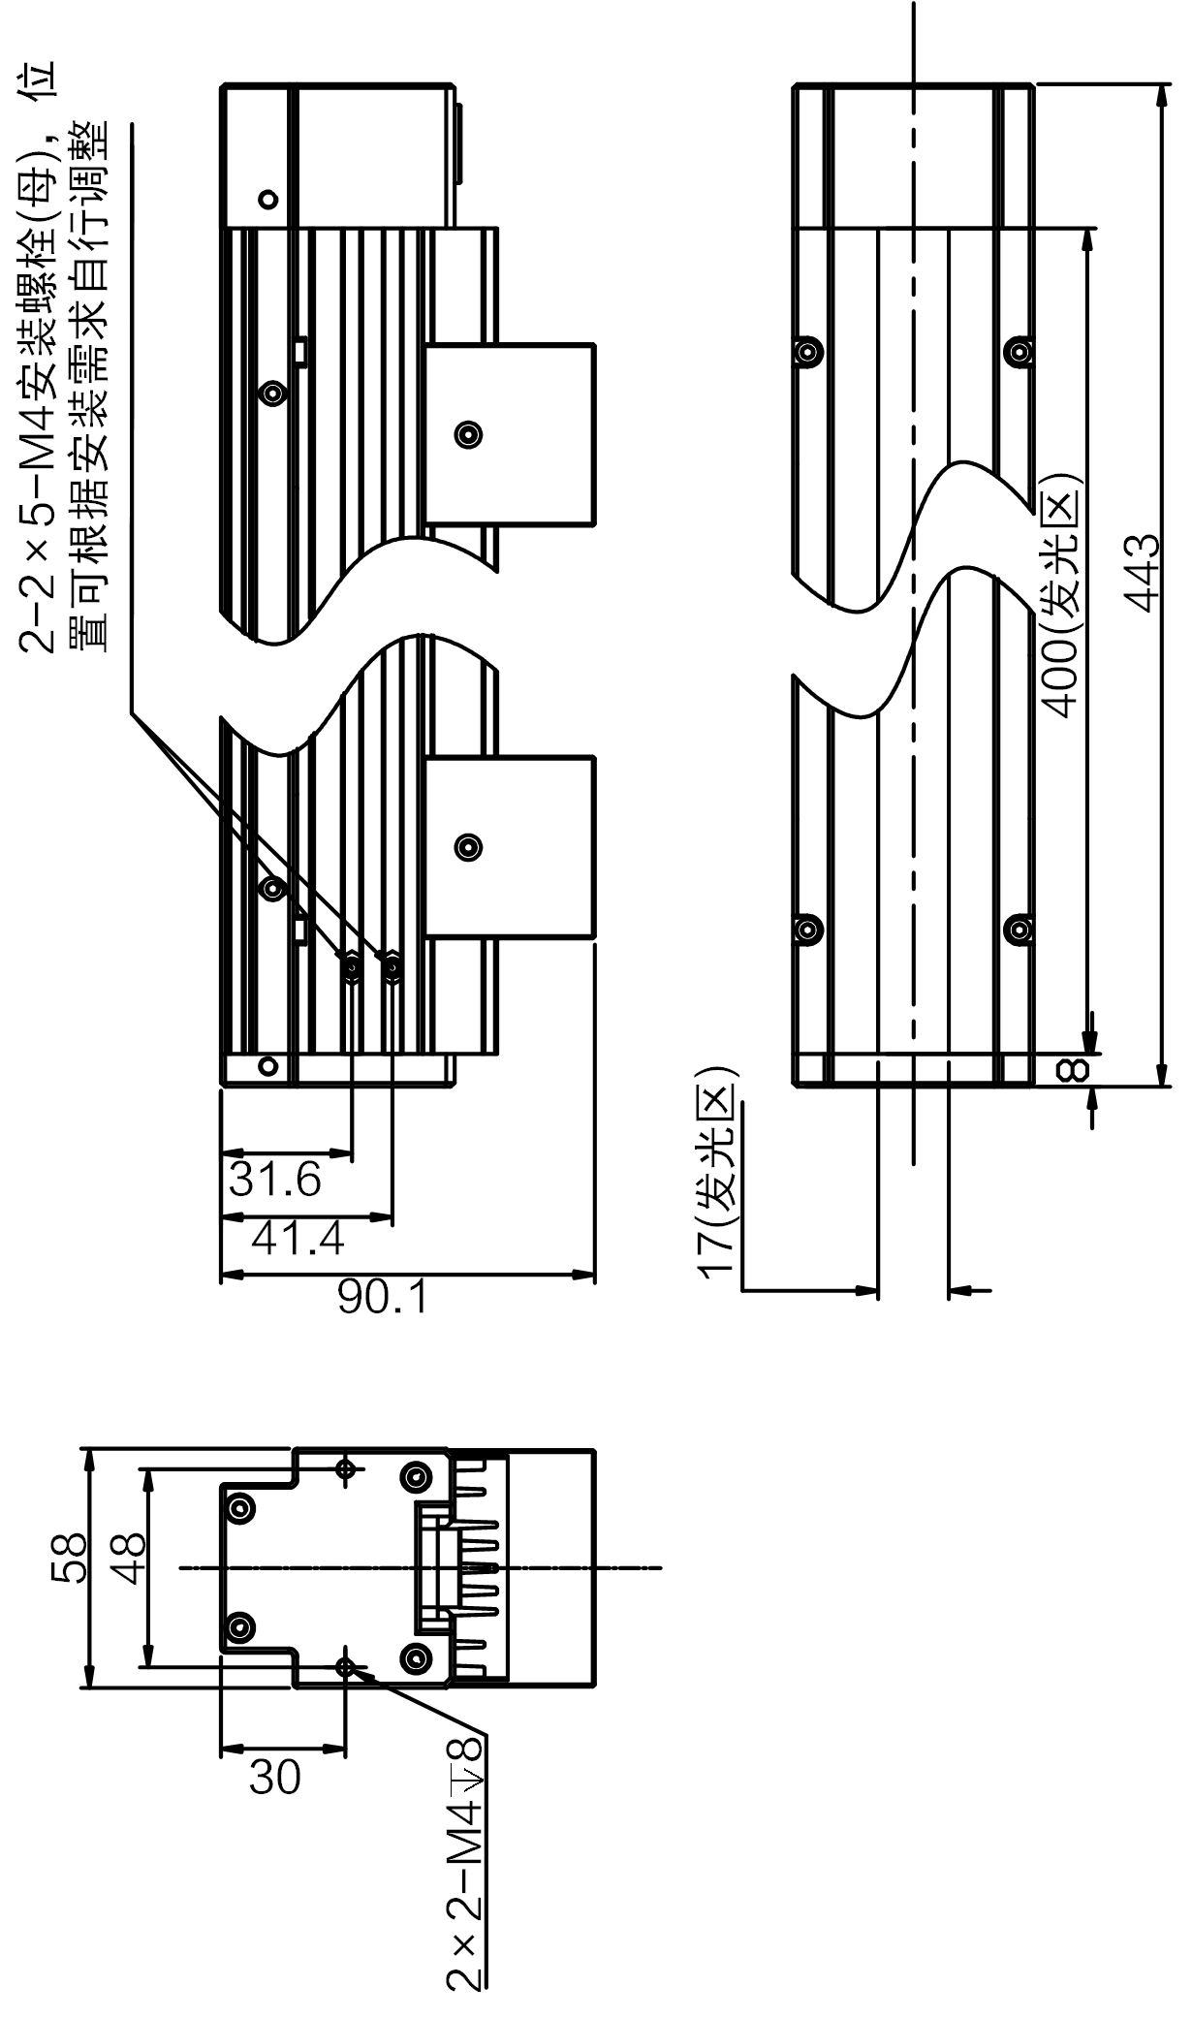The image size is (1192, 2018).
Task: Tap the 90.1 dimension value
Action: tap(382, 1296)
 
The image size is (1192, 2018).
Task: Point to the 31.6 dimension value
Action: tap(275, 1180)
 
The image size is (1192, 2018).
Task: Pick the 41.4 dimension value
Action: tap(298, 1238)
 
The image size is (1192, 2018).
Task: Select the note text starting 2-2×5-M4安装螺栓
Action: tap(64, 359)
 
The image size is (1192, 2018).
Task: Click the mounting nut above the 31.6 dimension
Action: tap(352, 965)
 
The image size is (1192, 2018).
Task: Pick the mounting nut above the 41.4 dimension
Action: tap(392, 965)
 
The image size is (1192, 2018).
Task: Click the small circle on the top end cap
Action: tap(268, 201)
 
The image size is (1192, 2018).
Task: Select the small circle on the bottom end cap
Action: tap(268, 1066)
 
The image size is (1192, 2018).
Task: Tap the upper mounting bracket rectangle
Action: tap(510, 434)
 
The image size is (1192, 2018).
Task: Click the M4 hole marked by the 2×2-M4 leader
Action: tap(346, 1665)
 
